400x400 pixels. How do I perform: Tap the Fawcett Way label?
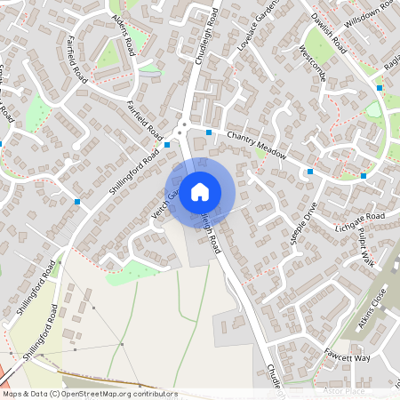[x=347, y=356]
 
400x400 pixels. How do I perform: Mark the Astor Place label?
[x=344, y=390]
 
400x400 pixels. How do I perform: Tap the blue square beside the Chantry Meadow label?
[x=209, y=132]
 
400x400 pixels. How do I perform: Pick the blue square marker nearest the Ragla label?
[x=380, y=88]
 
